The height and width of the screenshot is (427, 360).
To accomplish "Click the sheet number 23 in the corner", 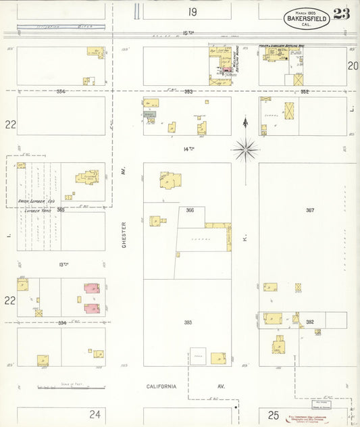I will point(341,14).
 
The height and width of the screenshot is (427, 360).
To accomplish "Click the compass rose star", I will point(246,148).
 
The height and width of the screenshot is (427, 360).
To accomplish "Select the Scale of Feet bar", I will point(71,387).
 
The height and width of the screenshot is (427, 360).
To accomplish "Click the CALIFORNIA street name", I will point(162,386).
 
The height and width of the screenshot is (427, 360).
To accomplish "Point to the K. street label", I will point(246,236).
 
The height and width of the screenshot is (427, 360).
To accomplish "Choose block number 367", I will point(310,210).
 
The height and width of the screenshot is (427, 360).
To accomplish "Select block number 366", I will point(190,210).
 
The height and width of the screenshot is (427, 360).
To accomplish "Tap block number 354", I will point(61,91).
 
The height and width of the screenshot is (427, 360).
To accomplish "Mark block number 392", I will point(309,322).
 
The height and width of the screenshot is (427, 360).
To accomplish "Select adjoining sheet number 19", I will point(192,11).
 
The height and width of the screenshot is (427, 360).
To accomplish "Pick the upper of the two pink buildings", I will point(91,288).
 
